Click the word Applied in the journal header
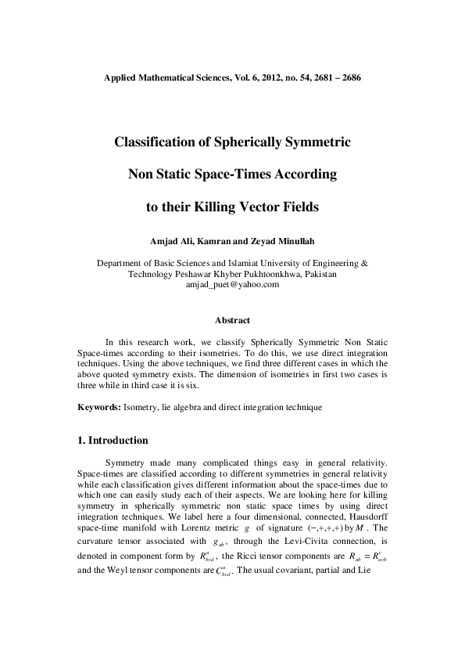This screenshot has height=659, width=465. [123, 79]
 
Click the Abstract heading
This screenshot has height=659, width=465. [232, 320]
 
